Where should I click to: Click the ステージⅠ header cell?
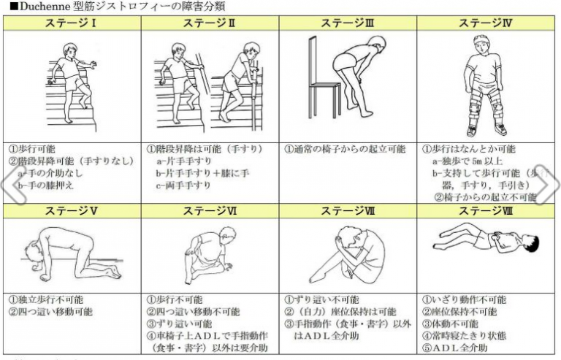(72, 23)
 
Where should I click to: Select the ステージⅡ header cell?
(210, 23)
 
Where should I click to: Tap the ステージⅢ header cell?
(348, 23)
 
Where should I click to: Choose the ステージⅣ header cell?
(486, 23)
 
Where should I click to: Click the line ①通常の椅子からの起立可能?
(344, 148)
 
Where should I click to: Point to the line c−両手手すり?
(183, 185)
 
